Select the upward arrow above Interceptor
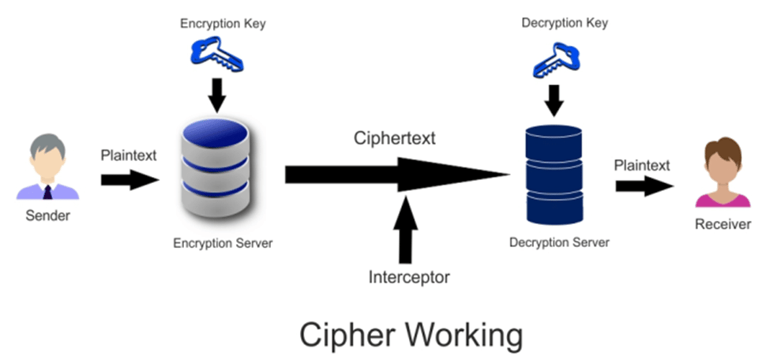click(x=406, y=229)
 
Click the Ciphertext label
click(x=395, y=139)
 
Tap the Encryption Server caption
click(x=222, y=243)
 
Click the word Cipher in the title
click(x=341, y=335)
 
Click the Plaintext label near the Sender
click(x=129, y=155)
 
